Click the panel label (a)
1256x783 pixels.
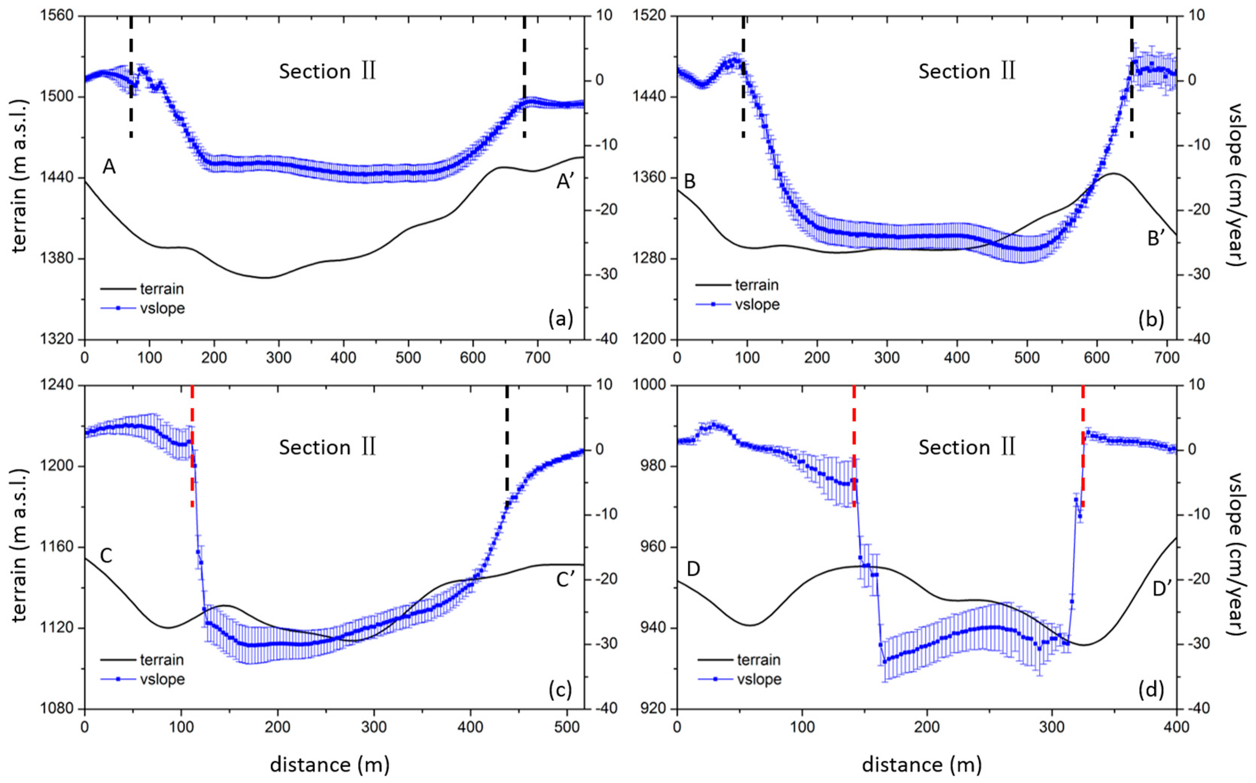click(560, 319)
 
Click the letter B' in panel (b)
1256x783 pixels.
click(1156, 239)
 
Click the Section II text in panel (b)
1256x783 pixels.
click(967, 71)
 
